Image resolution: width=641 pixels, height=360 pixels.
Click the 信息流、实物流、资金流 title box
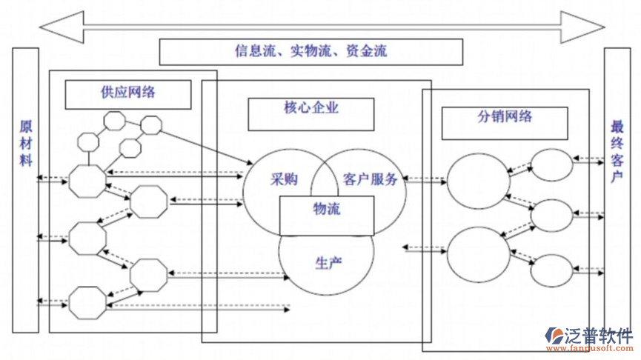(310, 51)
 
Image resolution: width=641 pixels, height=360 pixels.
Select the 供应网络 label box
(127, 93)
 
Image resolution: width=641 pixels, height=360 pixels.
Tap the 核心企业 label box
(310, 109)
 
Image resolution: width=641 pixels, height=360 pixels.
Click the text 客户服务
(371, 179)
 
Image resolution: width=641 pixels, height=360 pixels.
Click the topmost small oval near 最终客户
(552, 164)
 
